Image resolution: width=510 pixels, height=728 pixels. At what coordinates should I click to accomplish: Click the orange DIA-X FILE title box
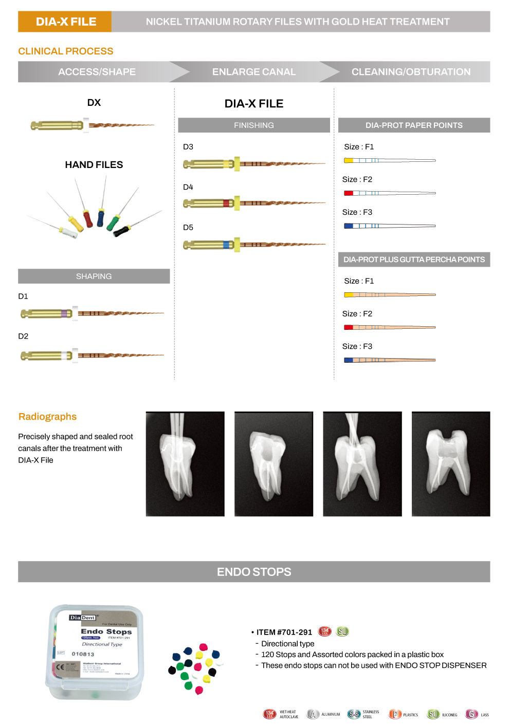pyautogui.click(x=65, y=22)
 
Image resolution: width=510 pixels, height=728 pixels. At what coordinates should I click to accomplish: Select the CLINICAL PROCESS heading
pyautogui.click(x=66, y=51)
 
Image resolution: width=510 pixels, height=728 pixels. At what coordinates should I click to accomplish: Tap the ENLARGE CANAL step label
pyautogui.click(x=254, y=72)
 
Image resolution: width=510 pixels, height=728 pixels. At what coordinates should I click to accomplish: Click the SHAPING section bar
pyautogui.click(x=94, y=276)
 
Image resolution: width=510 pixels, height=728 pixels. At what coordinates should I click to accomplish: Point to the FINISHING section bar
pyautogui.click(x=254, y=125)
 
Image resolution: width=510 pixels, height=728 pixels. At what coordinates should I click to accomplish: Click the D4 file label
pyautogui.click(x=188, y=187)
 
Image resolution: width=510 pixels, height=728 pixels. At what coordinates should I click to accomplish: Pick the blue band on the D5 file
pyautogui.click(x=226, y=245)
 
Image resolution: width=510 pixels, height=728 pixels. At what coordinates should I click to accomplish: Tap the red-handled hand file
pyautogui.click(x=88, y=218)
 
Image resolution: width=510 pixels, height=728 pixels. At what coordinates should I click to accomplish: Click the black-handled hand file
pyautogui.click(x=121, y=231)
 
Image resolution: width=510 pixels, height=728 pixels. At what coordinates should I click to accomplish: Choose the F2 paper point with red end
pyautogui.click(x=389, y=193)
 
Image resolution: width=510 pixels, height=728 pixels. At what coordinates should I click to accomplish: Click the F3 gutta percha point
pyautogui.click(x=389, y=360)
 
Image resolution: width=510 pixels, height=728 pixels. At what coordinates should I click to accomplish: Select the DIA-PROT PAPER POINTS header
pyautogui.click(x=414, y=125)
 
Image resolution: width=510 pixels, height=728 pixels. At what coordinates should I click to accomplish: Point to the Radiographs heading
pyautogui.click(x=47, y=417)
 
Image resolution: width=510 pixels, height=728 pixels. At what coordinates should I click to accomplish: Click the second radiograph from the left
pyautogui.click(x=274, y=464)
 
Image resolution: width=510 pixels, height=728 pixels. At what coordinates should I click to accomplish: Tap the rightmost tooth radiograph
pyautogui.click(x=451, y=464)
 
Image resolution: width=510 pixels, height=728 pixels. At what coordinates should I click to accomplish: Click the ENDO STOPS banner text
pyautogui.click(x=254, y=572)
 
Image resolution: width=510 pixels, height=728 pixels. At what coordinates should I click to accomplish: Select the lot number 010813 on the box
pyautogui.click(x=83, y=654)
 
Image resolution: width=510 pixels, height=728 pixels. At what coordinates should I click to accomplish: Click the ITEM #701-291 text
pyautogui.click(x=284, y=632)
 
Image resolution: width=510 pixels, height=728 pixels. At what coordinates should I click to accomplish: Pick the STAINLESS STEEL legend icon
pyautogui.click(x=354, y=714)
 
